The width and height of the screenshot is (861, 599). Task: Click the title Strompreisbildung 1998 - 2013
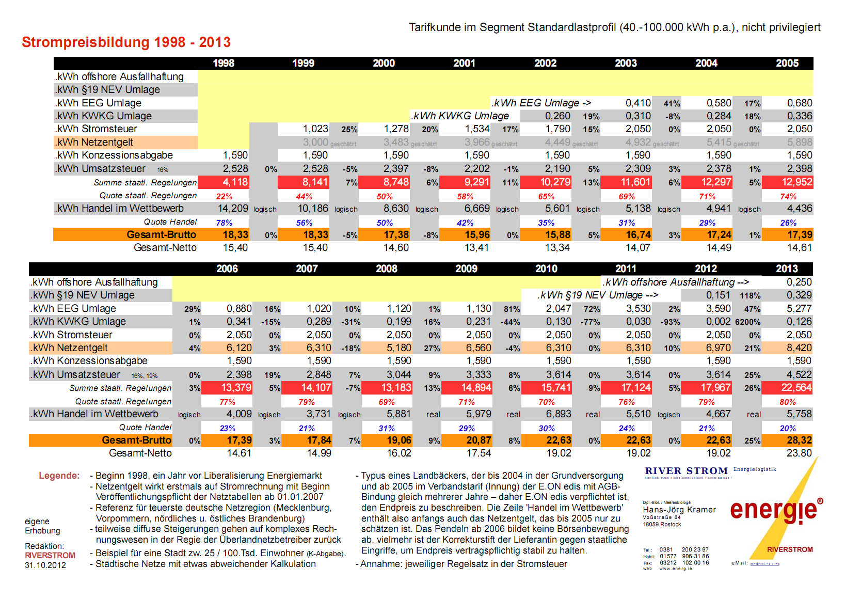click(x=126, y=42)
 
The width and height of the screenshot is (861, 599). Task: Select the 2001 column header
click(x=464, y=64)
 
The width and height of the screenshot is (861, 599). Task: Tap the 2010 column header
click(x=546, y=269)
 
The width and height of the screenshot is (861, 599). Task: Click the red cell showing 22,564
click(x=796, y=388)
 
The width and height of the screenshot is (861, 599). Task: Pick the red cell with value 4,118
click(x=235, y=182)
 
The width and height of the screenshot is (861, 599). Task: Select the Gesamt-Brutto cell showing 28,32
click(x=799, y=440)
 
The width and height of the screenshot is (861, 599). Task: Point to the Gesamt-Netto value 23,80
click(x=799, y=453)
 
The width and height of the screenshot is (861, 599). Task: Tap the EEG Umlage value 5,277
click(x=799, y=309)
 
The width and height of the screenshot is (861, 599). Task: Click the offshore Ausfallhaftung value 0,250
click(x=799, y=282)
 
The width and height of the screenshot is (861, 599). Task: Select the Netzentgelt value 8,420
click(x=799, y=348)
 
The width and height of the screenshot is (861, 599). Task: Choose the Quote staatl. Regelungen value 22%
click(x=224, y=197)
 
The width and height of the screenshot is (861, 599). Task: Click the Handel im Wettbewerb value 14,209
click(x=233, y=209)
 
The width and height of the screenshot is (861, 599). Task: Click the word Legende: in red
click(x=59, y=476)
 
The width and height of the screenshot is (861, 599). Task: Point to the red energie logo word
click(x=773, y=510)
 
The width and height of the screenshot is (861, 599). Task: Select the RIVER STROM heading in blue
click(x=686, y=471)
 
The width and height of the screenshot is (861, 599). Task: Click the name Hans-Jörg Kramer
click(x=679, y=510)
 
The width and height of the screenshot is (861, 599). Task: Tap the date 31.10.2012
click(x=45, y=565)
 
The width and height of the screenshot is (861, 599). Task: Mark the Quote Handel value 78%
click(x=224, y=223)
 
